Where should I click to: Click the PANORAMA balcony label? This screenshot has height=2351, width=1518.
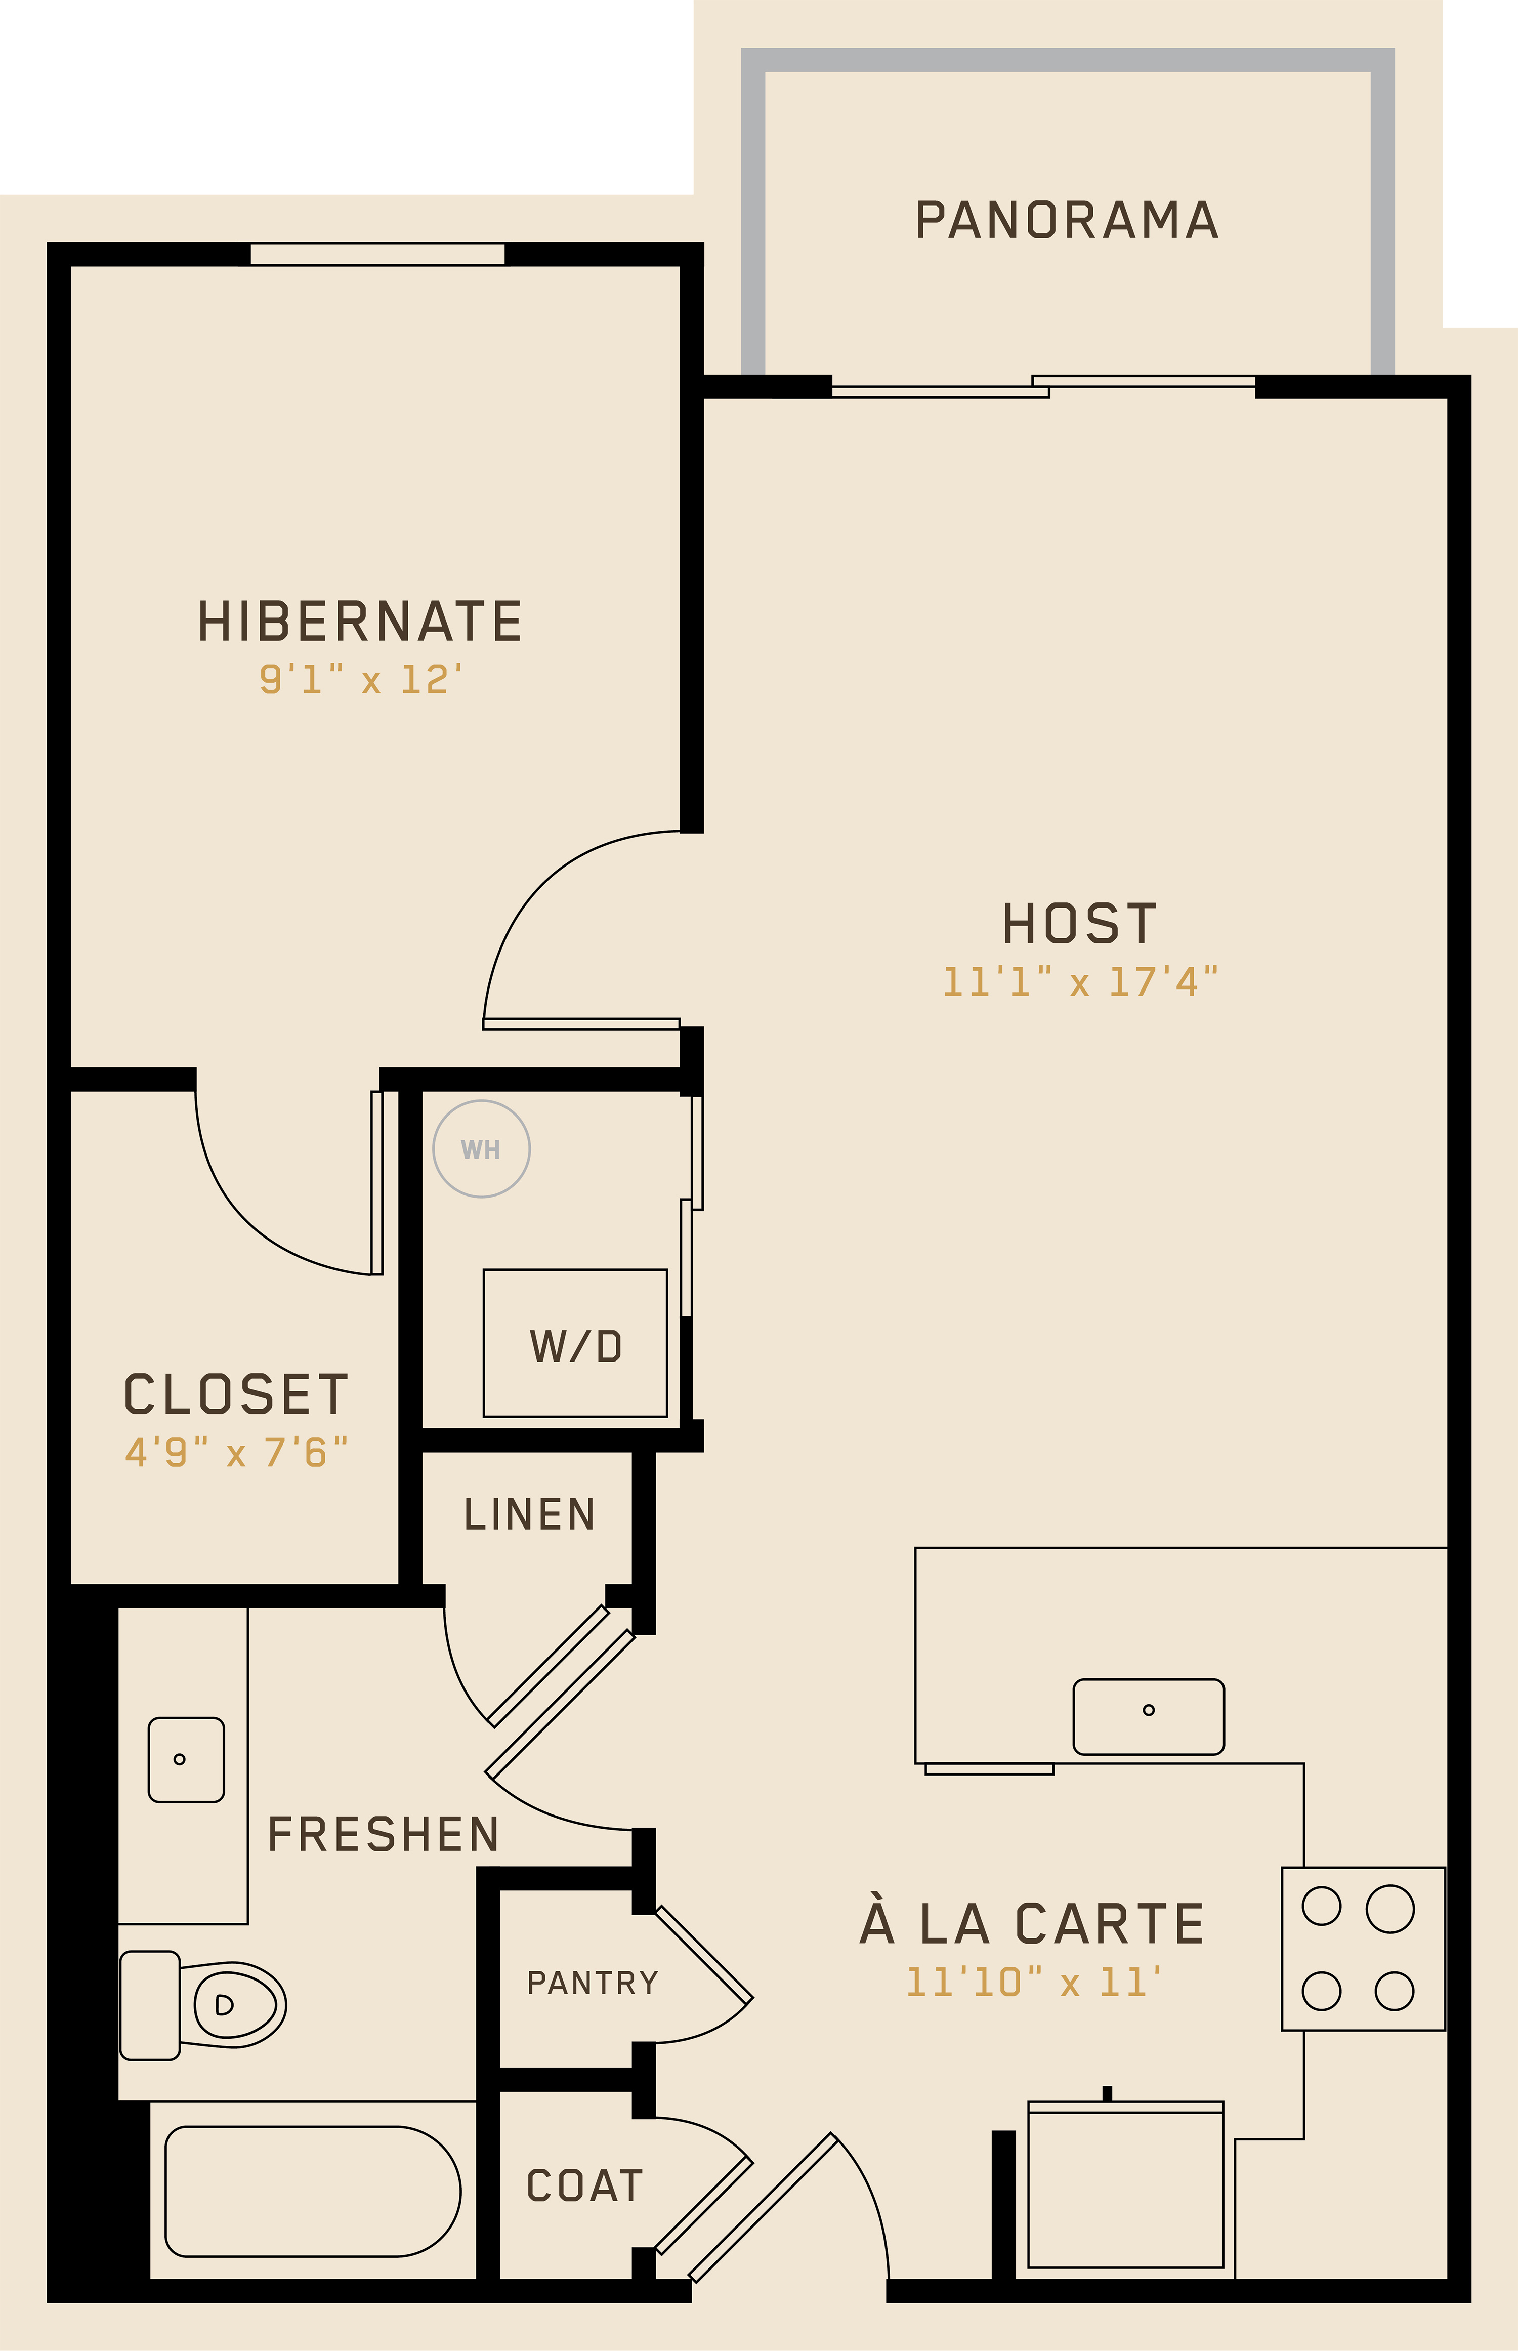(1068, 220)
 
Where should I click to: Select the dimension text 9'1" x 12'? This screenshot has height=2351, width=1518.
(361, 679)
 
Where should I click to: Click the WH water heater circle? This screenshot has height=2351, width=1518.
(482, 1149)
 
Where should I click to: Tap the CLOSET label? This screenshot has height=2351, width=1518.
(237, 1394)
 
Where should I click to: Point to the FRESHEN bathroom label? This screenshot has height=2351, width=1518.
(384, 1834)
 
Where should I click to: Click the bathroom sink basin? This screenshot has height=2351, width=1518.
(186, 1759)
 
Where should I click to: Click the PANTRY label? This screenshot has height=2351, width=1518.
(593, 1983)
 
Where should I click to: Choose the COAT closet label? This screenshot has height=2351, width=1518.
(585, 2185)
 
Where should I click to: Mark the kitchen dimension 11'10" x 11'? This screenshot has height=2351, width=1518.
(1033, 1983)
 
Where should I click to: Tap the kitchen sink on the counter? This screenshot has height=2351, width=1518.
(1148, 1716)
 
